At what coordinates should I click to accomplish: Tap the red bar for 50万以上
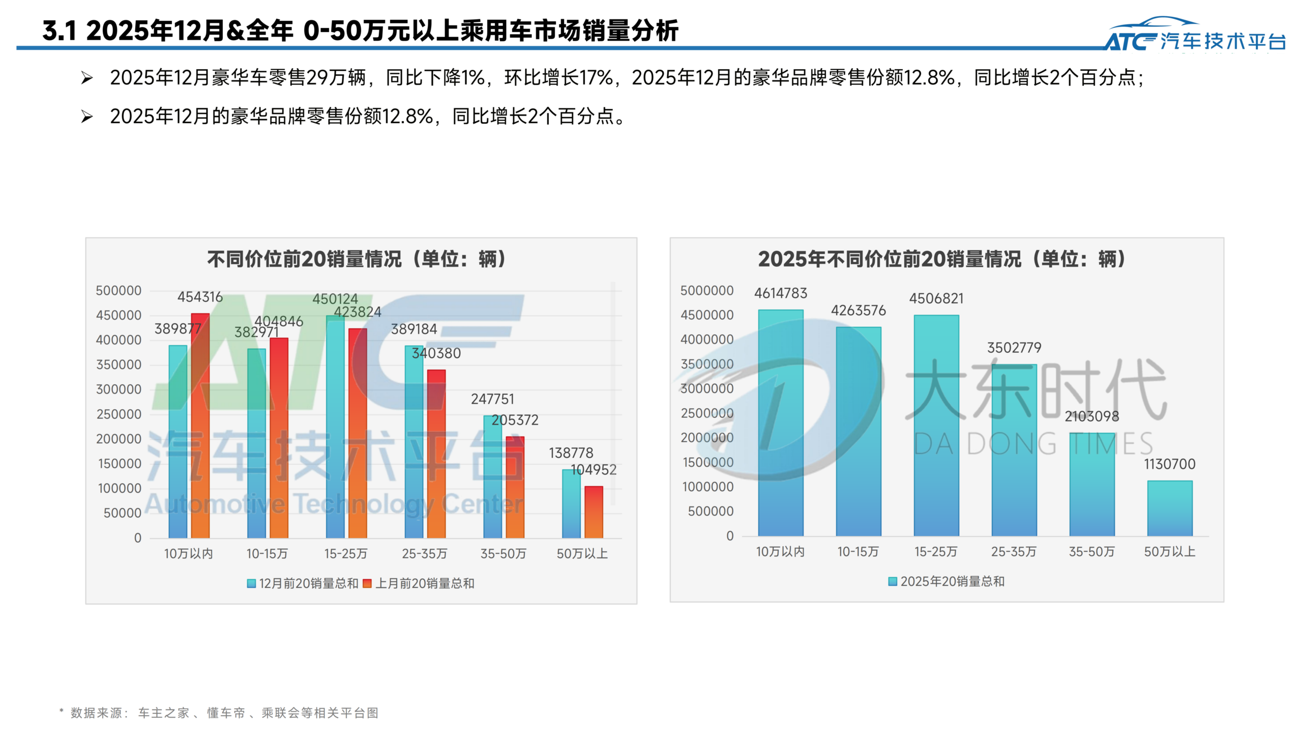(594, 512)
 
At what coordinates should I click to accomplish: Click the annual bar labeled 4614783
(780, 422)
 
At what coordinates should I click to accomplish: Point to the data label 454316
(200, 297)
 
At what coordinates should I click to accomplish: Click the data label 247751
(492, 399)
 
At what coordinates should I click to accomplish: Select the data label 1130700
(1169, 464)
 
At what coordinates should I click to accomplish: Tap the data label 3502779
(1014, 348)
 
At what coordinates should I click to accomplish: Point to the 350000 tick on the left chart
(119, 364)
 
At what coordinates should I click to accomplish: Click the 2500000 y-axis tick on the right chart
(706, 413)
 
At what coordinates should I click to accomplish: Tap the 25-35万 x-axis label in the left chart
(424, 553)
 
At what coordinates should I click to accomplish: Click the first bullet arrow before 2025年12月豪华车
(87, 78)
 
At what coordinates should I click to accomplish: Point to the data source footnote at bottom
(219, 713)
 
